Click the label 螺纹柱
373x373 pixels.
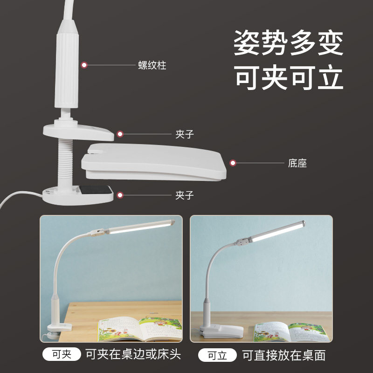(152, 65)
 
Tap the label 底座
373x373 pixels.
(297, 163)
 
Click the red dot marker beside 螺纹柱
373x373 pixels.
(84, 65)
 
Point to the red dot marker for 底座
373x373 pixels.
(233, 163)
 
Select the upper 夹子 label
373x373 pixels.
(185, 134)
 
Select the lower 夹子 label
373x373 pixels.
(185, 195)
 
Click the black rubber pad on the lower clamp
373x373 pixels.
(96, 190)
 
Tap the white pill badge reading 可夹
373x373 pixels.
(62, 354)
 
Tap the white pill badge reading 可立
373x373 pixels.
(217, 355)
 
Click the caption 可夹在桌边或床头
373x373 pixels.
(133, 354)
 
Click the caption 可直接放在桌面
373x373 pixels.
(284, 355)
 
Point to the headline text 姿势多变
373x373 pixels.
(289, 43)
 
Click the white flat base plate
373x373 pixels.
(154, 162)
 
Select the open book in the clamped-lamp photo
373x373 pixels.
(140, 328)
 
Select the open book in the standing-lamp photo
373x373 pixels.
(291, 332)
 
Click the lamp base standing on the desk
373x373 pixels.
(221, 331)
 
